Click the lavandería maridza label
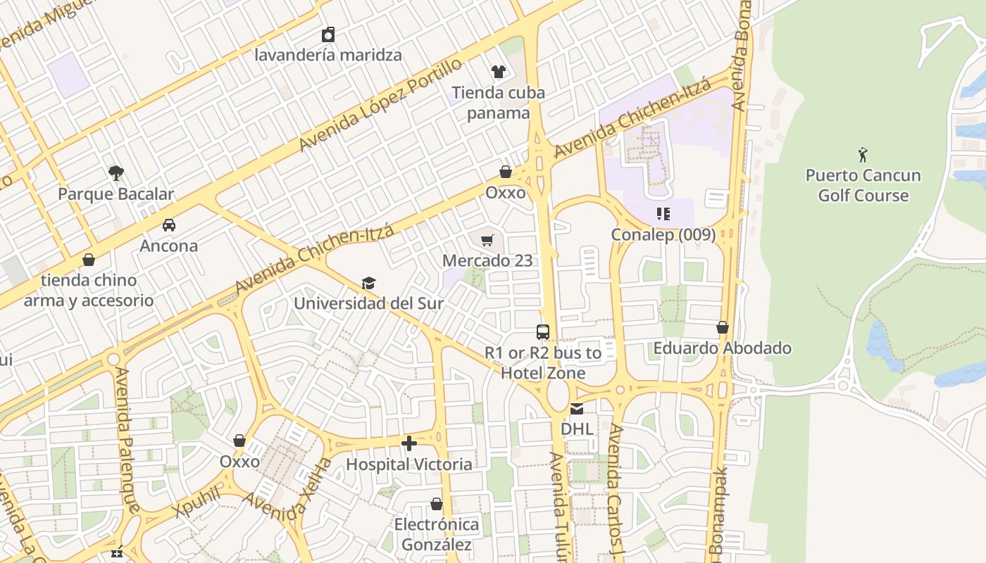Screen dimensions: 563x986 pos(328,55)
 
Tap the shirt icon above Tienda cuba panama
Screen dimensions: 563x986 pos(499,71)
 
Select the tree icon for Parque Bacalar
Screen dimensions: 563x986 pos(116,172)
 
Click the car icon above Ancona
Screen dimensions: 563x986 pos(169,225)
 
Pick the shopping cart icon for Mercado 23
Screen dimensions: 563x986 pos(487,241)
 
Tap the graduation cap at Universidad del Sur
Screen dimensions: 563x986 pos(368,283)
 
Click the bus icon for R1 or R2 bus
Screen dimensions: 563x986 pos(542,332)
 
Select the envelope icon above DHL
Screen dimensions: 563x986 pos(577,408)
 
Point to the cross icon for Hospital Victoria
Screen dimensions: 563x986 pos(409,443)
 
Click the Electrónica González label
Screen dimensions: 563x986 pos(436,534)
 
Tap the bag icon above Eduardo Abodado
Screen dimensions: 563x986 pos(722,327)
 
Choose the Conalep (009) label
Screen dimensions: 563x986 pos(663,234)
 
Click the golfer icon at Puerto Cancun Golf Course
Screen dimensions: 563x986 pos(863,155)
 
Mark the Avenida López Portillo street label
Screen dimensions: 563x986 pos(380,105)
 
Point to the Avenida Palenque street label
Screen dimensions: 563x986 pos(127,440)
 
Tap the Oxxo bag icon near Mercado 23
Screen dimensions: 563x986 pos(505,172)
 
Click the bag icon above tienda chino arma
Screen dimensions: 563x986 pos(89,260)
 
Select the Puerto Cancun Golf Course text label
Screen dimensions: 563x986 pos(863,185)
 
